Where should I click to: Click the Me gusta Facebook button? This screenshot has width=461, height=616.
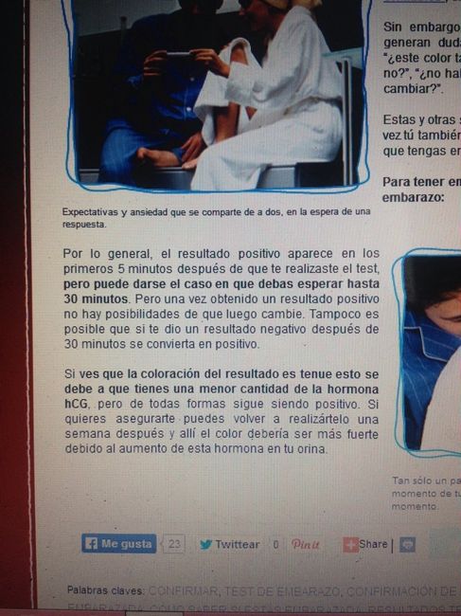[118, 544]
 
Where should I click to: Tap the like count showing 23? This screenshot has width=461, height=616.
[175, 544]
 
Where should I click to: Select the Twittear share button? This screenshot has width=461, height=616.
[229, 545]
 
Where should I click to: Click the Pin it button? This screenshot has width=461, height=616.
[305, 545]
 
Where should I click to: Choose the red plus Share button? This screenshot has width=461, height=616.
[365, 544]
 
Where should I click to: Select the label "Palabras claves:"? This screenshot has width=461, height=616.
[104, 590]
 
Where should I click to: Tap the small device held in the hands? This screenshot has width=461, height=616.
[180, 59]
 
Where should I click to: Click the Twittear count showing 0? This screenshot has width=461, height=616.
[275, 545]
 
